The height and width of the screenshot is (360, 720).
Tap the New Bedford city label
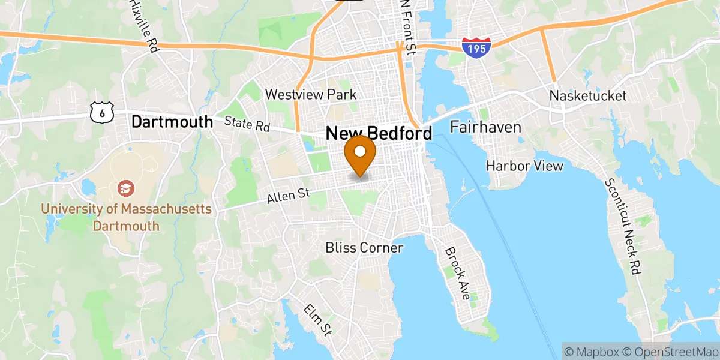click(x=379, y=134)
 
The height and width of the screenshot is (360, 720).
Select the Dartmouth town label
click(x=172, y=122)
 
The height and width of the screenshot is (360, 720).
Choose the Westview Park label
click(x=311, y=94)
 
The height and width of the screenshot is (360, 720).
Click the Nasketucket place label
click(x=588, y=95)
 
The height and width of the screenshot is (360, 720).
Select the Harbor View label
click(x=524, y=166)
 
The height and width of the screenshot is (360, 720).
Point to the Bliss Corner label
click(x=364, y=247)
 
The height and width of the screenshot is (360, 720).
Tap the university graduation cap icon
click(x=126, y=188)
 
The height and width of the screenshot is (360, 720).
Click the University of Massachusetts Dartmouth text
click(x=126, y=217)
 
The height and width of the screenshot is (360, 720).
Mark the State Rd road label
click(x=247, y=124)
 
